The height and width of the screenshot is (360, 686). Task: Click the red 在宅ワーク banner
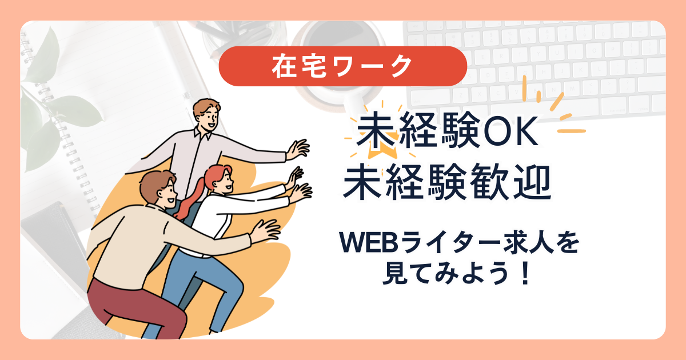tap(342, 66)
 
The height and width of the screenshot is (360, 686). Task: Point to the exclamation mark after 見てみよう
tap(525, 273)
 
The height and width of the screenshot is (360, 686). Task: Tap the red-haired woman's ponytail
tap(190, 199)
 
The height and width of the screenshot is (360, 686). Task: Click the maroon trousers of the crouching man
tap(135, 309)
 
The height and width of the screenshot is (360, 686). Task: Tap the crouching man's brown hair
tap(155, 183)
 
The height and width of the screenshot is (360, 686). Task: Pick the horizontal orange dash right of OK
tap(572, 131)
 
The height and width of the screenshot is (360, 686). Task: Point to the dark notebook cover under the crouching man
tap(55, 242)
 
